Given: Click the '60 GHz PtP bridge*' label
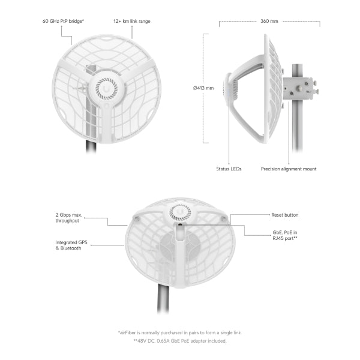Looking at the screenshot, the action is coord(63,21).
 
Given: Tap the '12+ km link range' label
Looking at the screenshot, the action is coord(132,21).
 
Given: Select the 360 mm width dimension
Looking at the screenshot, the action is coord(269,21).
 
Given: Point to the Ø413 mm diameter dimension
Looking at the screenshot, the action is coord(203,88).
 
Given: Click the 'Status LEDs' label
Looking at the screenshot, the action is coord(229,169).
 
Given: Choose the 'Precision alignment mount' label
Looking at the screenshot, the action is coord(289,169).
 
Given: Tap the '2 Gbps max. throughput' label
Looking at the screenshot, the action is coord(68,218).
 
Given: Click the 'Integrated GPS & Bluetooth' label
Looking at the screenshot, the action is coord(71,245).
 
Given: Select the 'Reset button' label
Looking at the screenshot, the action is coord(284,215).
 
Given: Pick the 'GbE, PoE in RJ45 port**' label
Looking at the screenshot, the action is coord(285,235).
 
